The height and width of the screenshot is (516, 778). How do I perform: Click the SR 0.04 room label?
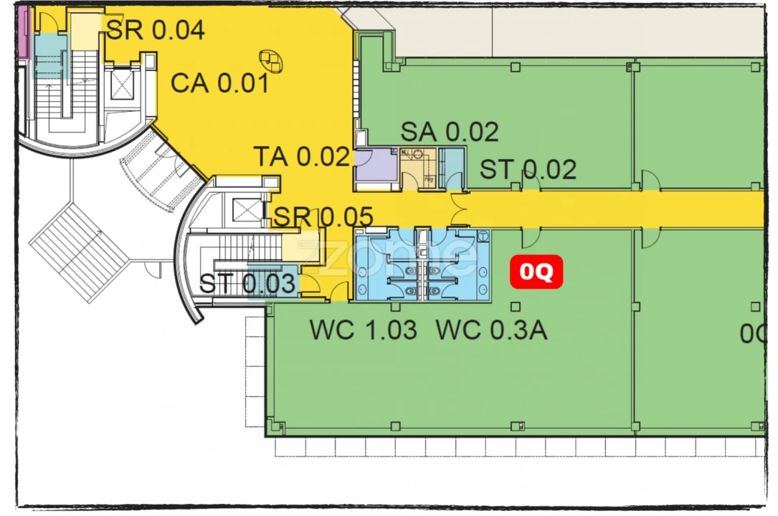point(156,30)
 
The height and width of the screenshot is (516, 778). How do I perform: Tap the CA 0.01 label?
point(219,83)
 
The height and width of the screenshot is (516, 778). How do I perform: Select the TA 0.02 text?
point(301,156)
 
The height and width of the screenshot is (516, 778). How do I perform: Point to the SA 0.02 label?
point(449,132)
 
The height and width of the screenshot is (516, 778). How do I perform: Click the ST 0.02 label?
point(528,170)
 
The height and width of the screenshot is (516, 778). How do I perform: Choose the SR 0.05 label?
point(324,216)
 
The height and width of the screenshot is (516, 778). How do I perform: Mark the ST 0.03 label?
point(247,284)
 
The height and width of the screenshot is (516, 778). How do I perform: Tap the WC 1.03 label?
point(363,330)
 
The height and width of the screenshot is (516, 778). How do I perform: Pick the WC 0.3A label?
point(492,330)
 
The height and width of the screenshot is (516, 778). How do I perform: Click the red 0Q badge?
point(536,272)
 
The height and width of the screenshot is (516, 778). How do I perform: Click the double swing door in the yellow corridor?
point(460,209)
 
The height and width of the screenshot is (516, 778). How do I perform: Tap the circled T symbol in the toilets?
point(483,235)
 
